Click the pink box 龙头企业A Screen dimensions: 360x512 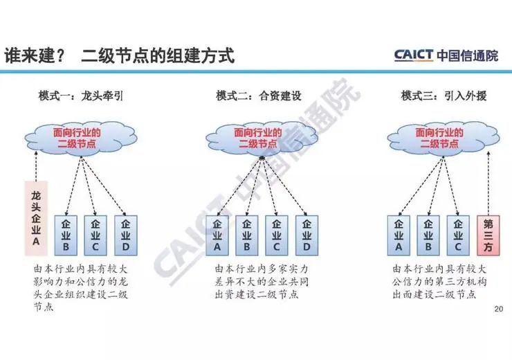coord(35,215)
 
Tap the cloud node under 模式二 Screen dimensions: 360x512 coord(257,137)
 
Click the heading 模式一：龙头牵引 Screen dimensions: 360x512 coord(80,96)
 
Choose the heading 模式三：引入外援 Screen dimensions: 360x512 coord(444,96)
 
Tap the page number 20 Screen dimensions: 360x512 coord(500,309)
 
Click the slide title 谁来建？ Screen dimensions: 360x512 coord(35,55)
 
